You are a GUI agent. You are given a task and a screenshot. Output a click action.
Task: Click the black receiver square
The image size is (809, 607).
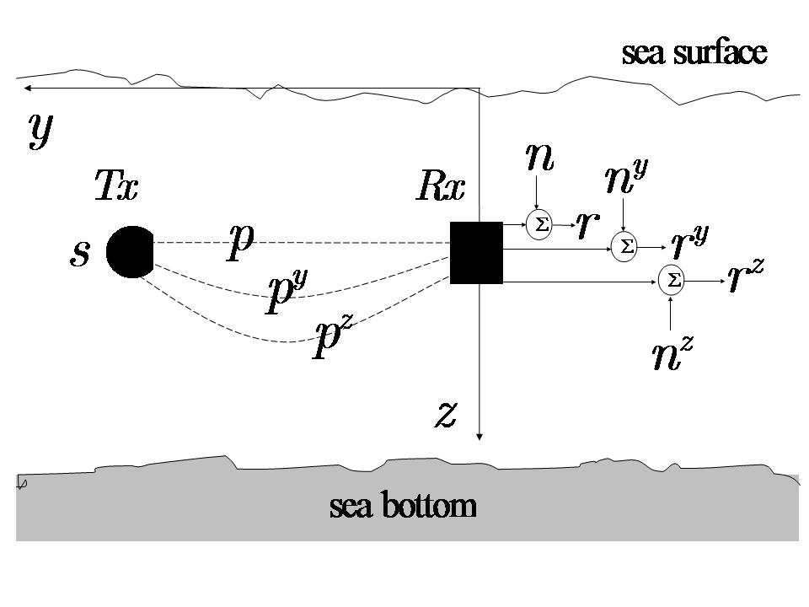[x=476, y=252]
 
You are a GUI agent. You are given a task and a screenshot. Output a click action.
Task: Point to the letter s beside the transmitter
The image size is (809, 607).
[x=79, y=253]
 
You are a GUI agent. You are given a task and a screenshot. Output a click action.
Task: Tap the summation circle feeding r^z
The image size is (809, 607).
[x=672, y=281]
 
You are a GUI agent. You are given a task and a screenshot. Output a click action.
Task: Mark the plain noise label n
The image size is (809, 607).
[x=539, y=158]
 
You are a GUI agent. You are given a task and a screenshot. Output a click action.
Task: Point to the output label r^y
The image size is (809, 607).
[x=689, y=242]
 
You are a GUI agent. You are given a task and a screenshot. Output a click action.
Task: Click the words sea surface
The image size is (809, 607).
[x=694, y=53]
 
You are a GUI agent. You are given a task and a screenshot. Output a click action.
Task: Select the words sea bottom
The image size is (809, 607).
[x=403, y=507]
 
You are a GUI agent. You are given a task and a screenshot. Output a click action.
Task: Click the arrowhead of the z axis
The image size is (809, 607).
[x=479, y=436]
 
